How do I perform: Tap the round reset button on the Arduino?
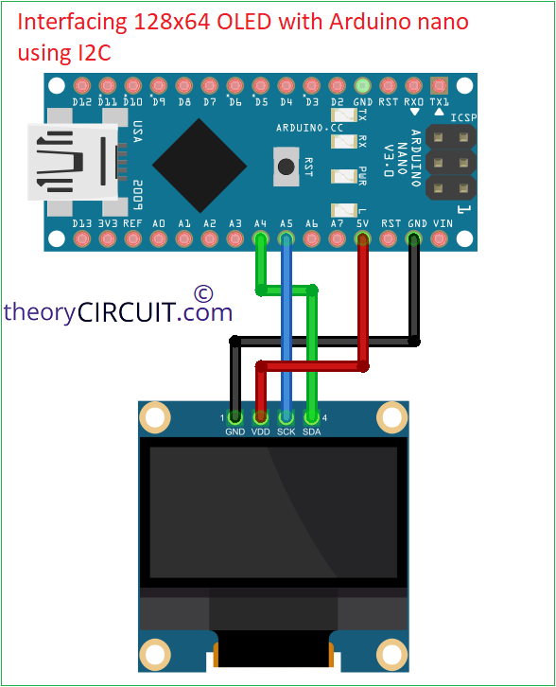coord(287,167)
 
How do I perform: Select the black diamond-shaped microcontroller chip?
coord(200,166)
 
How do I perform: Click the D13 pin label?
coord(82,223)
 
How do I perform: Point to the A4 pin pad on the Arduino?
coord(260,239)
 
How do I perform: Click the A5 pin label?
coord(287,223)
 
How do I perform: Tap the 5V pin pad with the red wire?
coord(362,239)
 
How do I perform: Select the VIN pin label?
coord(443,223)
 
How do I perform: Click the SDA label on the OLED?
coord(312,432)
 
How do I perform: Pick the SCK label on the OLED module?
coord(287,432)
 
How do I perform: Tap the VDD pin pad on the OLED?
coord(260,417)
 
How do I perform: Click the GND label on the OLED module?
coord(235,432)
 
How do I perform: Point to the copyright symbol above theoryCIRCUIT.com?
coord(203,293)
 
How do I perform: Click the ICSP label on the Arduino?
coord(463,117)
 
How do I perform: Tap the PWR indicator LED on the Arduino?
coord(344,176)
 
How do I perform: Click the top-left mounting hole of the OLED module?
coord(155,416)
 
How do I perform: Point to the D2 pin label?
coord(338,102)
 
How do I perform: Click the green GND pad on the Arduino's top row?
coord(362,86)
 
